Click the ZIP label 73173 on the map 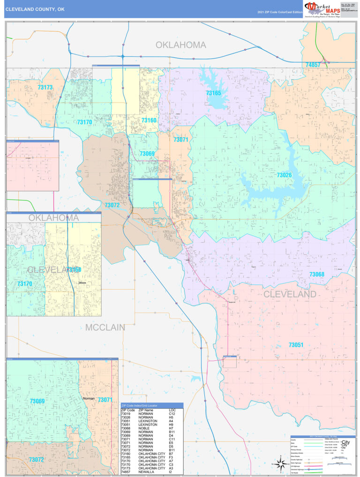45,88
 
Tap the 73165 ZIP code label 213,93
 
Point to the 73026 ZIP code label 284,175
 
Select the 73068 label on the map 316,274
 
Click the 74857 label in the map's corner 313,65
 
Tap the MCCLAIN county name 105,327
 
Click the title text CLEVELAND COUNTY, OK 35,8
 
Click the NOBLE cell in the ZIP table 143,428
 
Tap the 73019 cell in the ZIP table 126,414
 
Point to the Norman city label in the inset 89,398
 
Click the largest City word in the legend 346,442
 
